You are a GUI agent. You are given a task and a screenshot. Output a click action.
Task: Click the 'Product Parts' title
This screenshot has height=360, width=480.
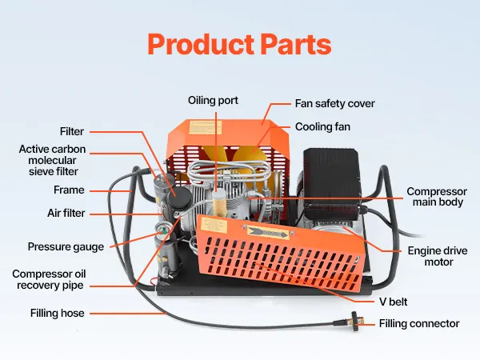coord(240,44)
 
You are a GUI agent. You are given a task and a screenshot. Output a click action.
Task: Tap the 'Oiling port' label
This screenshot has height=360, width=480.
coord(213,101)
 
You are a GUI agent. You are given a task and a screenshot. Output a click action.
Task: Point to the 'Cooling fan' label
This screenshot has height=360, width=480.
coord(322,126)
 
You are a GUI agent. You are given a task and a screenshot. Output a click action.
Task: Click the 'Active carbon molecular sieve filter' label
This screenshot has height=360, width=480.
coord(53,160)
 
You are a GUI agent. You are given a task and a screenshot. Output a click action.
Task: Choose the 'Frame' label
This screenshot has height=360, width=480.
coord(69,190)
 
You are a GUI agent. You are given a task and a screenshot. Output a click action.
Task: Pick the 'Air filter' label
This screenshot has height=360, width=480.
coord(66,214)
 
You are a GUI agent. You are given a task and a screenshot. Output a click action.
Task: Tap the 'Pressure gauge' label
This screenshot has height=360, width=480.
coord(66,246)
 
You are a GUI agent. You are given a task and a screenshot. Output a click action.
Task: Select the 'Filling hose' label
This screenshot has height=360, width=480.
coord(57,313)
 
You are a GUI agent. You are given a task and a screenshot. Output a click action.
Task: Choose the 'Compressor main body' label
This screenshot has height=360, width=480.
coord(437,197)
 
